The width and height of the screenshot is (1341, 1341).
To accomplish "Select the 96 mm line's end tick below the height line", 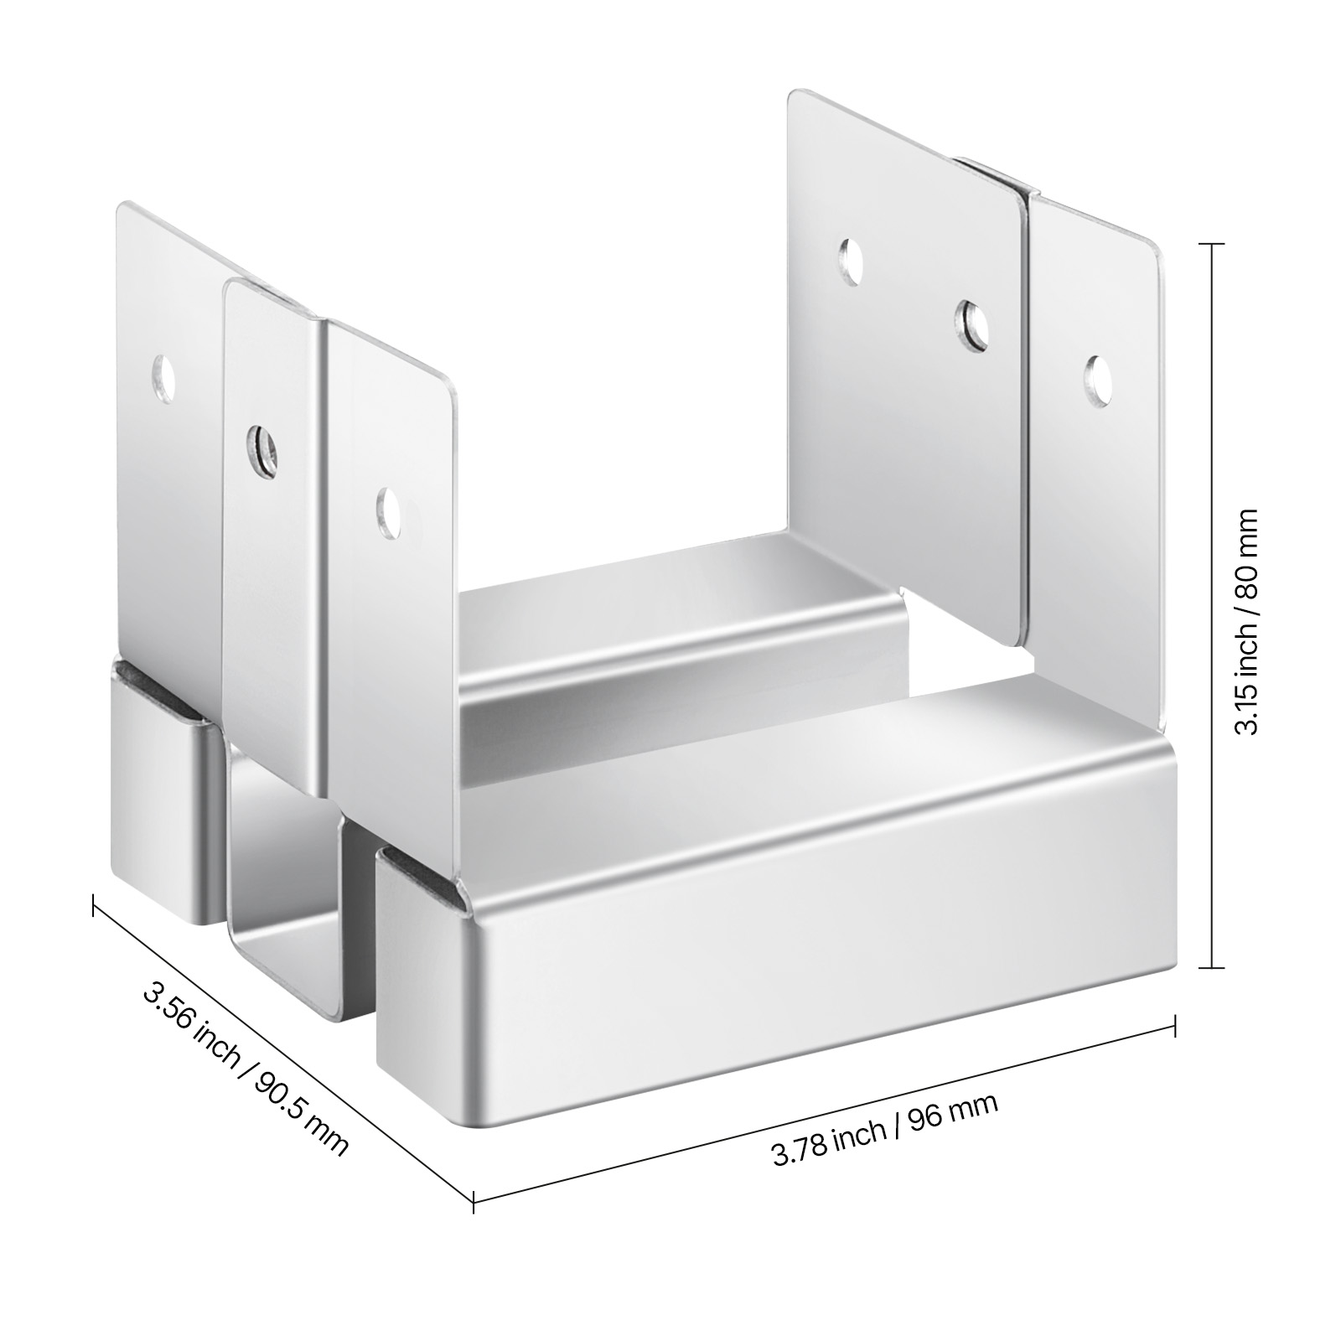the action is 1176,1024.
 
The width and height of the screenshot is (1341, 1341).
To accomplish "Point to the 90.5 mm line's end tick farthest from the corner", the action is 92,906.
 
